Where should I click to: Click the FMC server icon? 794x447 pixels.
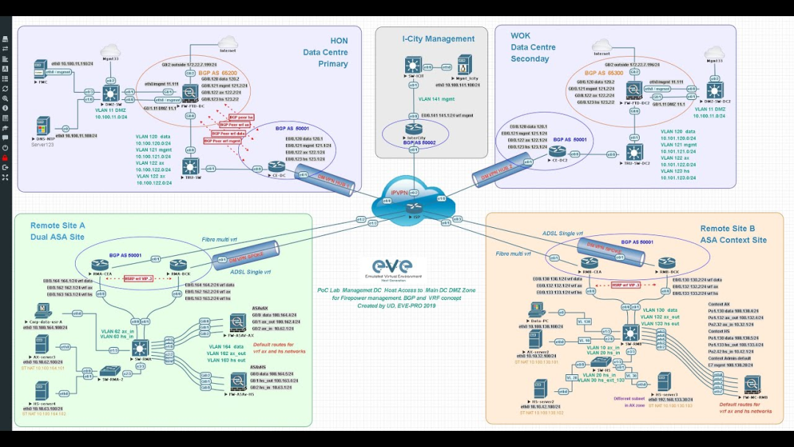(41, 71)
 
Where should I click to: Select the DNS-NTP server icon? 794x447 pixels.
(42, 126)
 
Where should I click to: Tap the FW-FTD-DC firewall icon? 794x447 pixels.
(190, 92)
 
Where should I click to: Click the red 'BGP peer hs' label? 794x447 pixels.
(242, 118)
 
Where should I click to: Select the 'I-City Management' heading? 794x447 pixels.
(438, 39)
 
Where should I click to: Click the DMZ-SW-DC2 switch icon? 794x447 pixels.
(714, 90)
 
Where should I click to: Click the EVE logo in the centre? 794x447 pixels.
(392, 268)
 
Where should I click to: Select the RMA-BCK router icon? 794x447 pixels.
(176, 265)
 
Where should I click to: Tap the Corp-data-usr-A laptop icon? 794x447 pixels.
(37, 310)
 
